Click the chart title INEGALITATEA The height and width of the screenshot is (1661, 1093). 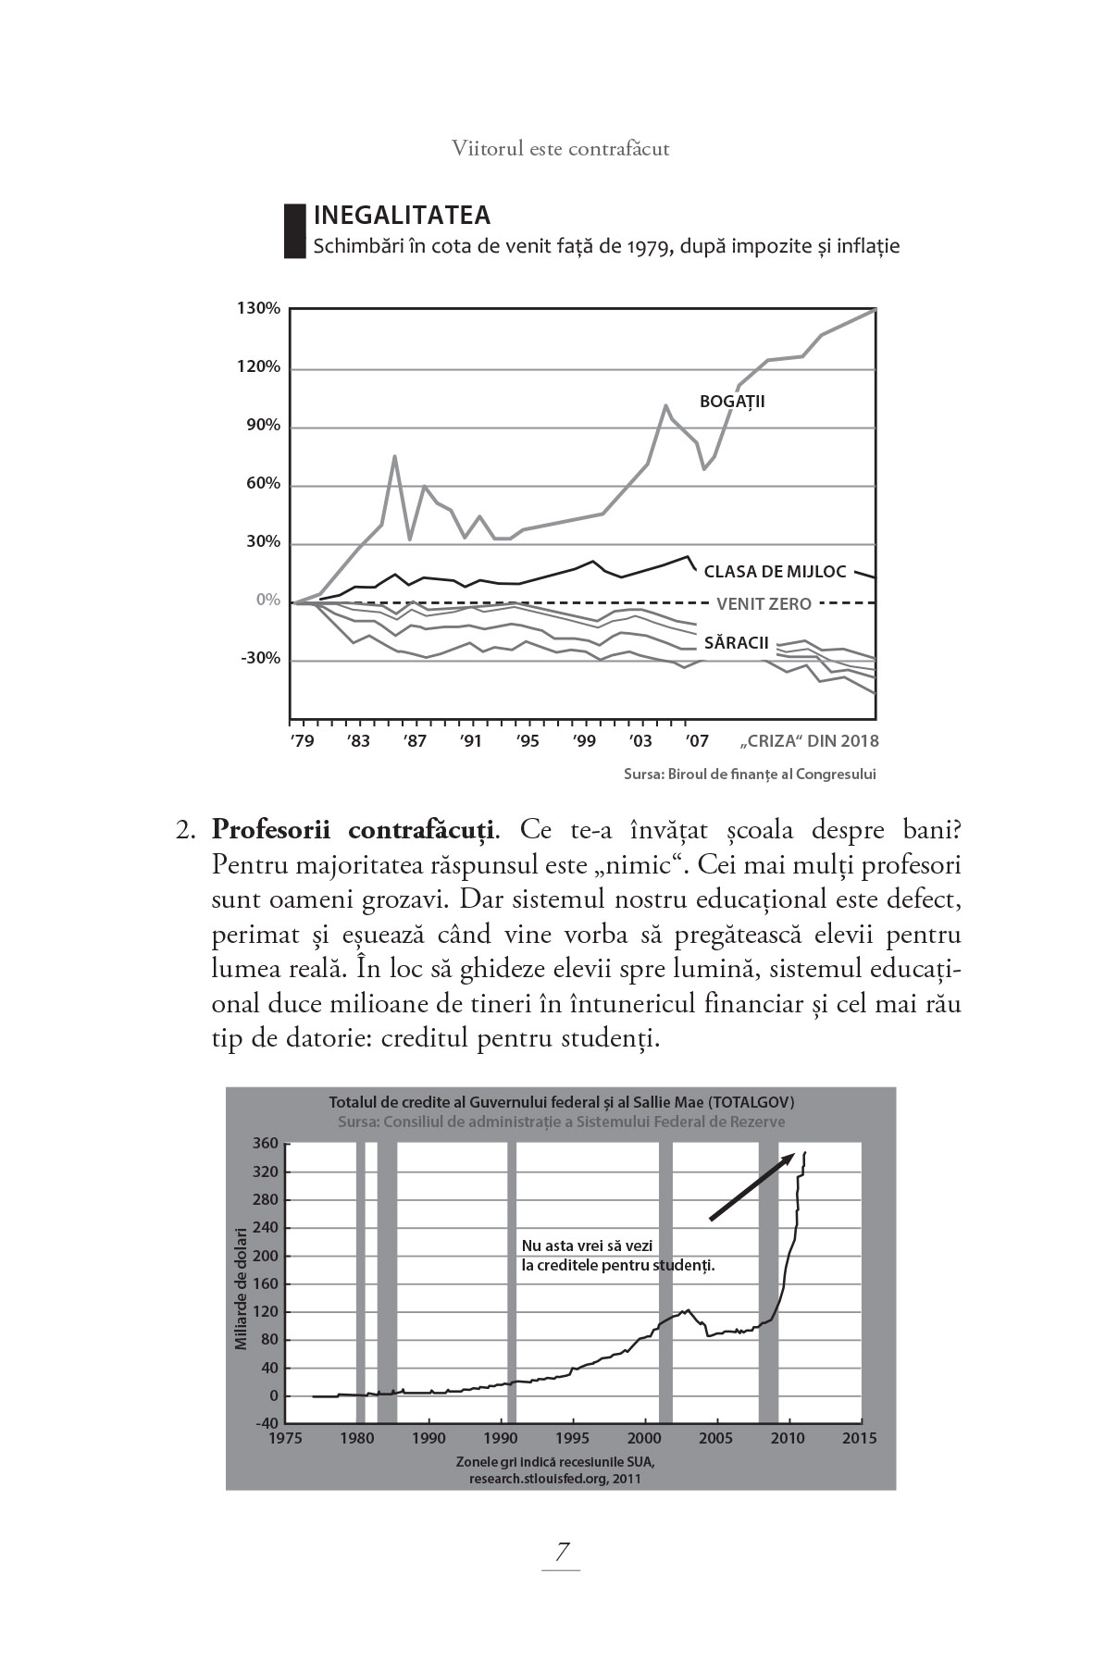[402, 216]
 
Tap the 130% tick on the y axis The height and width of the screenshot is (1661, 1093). [258, 308]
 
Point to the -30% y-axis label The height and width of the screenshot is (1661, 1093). [260, 659]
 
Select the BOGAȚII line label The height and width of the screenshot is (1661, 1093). [732, 402]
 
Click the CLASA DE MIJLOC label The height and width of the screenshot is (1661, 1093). [775, 572]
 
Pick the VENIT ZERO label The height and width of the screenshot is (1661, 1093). [764, 604]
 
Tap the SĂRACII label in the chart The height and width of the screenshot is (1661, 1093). [736, 642]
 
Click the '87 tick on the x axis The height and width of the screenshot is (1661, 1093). [416, 741]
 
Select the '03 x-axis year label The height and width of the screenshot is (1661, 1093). [640, 741]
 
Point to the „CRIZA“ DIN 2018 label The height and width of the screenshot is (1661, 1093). [810, 741]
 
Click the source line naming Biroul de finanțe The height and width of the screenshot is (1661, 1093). [749, 775]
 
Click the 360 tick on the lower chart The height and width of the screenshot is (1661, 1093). [266, 1144]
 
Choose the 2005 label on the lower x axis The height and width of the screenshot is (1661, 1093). [715, 1438]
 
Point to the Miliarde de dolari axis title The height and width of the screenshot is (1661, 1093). [242, 1287]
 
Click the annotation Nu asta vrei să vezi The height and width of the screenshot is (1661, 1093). [588, 1246]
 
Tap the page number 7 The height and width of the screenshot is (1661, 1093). [561, 1552]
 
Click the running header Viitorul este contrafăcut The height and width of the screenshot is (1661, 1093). [561, 148]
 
